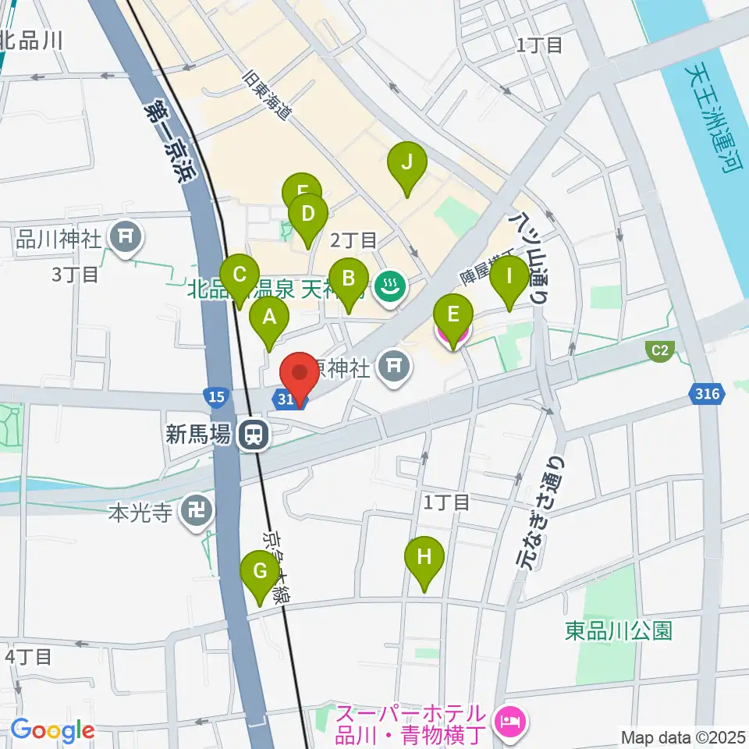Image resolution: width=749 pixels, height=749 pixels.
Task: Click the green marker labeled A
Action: click(x=269, y=318)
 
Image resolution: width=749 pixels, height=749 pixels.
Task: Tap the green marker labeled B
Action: click(x=348, y=279)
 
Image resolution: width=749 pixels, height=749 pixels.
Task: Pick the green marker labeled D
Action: click(x=307, y=214)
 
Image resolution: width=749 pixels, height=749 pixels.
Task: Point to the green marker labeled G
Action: click(x=259, y=571)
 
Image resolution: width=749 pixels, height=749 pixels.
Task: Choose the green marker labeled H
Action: click(x=424, y=558)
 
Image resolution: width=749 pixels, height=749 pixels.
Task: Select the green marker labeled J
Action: click(x=406, y=163)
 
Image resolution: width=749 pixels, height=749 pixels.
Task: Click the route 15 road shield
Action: click(x=217, y=397)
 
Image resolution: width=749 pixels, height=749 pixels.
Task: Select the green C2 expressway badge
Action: click(x=660, y=350)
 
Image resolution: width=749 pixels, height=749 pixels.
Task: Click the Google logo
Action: click(x=52, y=730)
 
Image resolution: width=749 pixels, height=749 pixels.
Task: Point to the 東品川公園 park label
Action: click(x=619, y=630)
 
